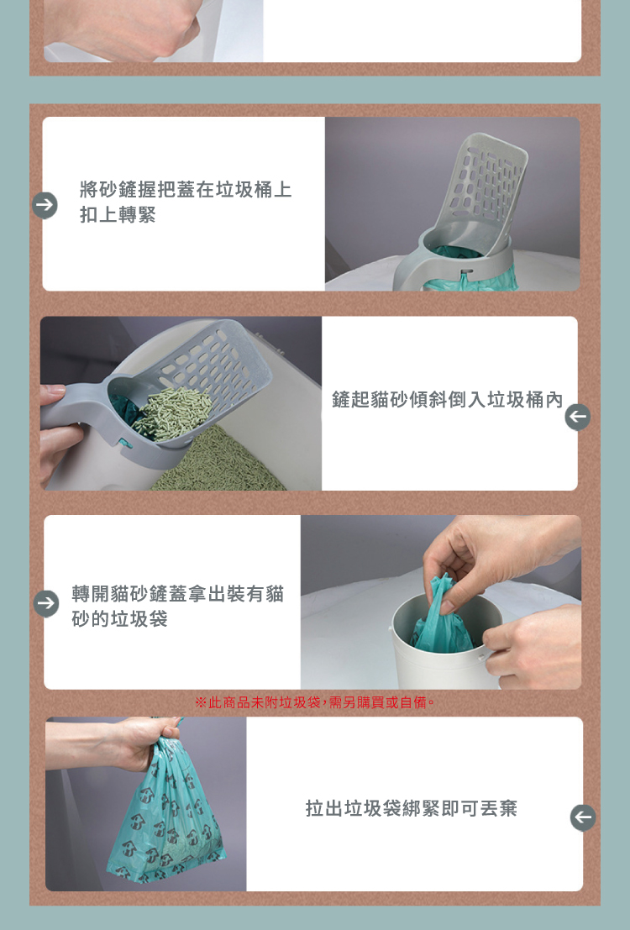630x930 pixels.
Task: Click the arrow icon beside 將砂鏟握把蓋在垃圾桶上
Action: point(45,205)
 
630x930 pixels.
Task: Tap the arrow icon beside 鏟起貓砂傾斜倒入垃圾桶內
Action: point(577,417)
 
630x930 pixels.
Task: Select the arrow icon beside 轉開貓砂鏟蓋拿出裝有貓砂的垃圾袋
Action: point(45,604)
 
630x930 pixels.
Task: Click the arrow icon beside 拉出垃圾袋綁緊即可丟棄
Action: point(583,817)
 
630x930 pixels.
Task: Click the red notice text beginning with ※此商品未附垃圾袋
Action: point(315,703)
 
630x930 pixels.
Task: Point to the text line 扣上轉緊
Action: point(118,215)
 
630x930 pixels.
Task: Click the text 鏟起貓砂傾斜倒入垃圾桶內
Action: point(447,400)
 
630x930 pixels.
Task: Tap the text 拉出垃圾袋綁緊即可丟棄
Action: point(411,808)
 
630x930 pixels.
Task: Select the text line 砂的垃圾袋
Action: point(119,618)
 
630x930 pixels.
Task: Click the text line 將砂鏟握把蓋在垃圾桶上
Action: point(186,189)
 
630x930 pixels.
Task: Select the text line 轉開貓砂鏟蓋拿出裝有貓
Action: point(178,594)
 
